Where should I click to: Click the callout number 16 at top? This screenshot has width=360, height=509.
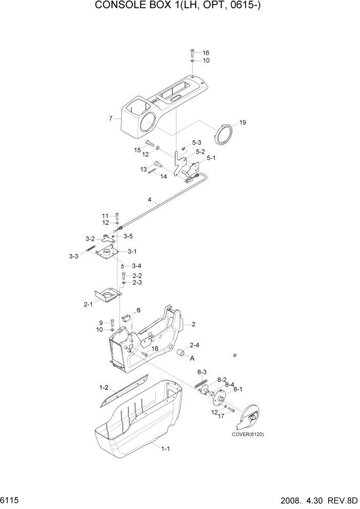pyautogui.click(x=206, y=53)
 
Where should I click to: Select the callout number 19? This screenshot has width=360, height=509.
pyautogui.click(x=243, y=123)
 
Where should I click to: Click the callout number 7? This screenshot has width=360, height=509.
pyautogui.click(x=110, y=119)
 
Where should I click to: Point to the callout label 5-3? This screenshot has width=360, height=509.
pyautogui.click(x=196, y=142)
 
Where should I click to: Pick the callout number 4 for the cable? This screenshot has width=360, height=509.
pyautogui.click(x=149, y=200)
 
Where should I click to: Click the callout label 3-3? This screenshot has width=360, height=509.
pyautogui.click(x=73, y=256)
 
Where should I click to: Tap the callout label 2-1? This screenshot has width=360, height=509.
pyautogui.click(x=87, y=304)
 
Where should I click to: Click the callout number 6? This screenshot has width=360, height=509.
pyautogui.click(x=138, y=311)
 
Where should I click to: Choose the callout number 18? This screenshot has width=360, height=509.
pyautogui.click(x=154, y=348)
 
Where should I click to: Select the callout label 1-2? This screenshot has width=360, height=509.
pyautogui.click(x=104, y=388)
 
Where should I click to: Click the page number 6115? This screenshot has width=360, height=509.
pyautogui.click(x=10, y=499)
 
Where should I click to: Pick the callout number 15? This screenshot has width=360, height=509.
pyautogui.click(x=137, y=150)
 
